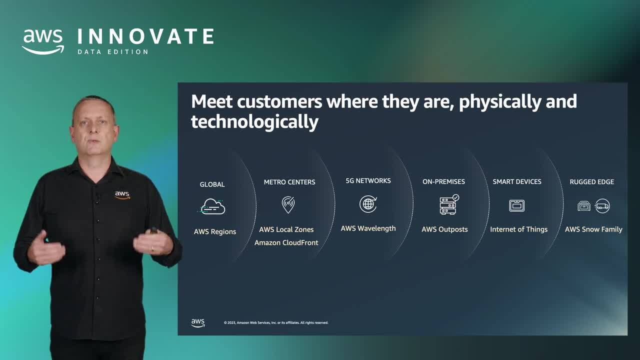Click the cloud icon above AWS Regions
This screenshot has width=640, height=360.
click(212, 206)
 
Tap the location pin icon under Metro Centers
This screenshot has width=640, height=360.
click(288, 205)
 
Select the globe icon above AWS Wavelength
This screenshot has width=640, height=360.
click(368, 204)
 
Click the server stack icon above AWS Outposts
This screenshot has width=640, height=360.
click(449, 204)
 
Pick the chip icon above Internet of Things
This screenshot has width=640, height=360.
click(517, 205)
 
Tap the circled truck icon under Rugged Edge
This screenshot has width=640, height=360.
click(602, 205)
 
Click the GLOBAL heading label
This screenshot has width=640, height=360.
click(212, 184)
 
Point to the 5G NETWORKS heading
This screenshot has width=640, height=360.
click(368, 181)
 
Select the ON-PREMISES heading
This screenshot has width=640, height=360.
click(443, 181)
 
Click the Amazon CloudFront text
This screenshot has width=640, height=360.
click(286, 242)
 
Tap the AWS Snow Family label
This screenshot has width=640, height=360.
click(593, 229)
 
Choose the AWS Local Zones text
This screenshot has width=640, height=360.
click(286, 229)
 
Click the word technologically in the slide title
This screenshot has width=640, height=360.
click(254, 122)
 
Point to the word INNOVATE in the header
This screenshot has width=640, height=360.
click(145, 36)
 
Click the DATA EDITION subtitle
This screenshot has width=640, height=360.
click(113, 52)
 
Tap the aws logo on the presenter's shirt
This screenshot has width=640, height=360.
click(122, 195)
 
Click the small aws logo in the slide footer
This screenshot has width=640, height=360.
click(197, 323)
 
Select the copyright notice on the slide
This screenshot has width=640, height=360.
click(276, 323)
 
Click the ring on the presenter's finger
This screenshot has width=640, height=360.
click(153, 248)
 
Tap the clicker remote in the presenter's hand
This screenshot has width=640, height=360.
click(153, 230)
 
